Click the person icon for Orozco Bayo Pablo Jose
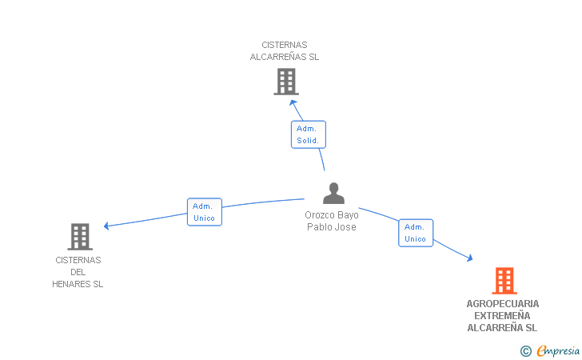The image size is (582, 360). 333,193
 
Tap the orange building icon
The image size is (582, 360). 504,281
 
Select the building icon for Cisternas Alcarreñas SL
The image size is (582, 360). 286,82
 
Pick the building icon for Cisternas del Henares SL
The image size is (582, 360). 80,237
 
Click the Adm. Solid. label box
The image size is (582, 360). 308,134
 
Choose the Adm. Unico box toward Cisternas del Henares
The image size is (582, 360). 205,212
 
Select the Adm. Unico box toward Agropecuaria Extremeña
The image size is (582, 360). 416,233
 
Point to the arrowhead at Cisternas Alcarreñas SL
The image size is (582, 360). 293,102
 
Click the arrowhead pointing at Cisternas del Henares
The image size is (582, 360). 106,226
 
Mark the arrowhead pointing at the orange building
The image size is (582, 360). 470,258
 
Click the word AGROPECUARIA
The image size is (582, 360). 503,304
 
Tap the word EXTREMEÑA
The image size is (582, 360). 502,316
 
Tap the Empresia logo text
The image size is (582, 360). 558,350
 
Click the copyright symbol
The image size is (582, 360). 525,351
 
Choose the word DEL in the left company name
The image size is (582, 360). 78,272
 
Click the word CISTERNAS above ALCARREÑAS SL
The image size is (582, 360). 285,45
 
